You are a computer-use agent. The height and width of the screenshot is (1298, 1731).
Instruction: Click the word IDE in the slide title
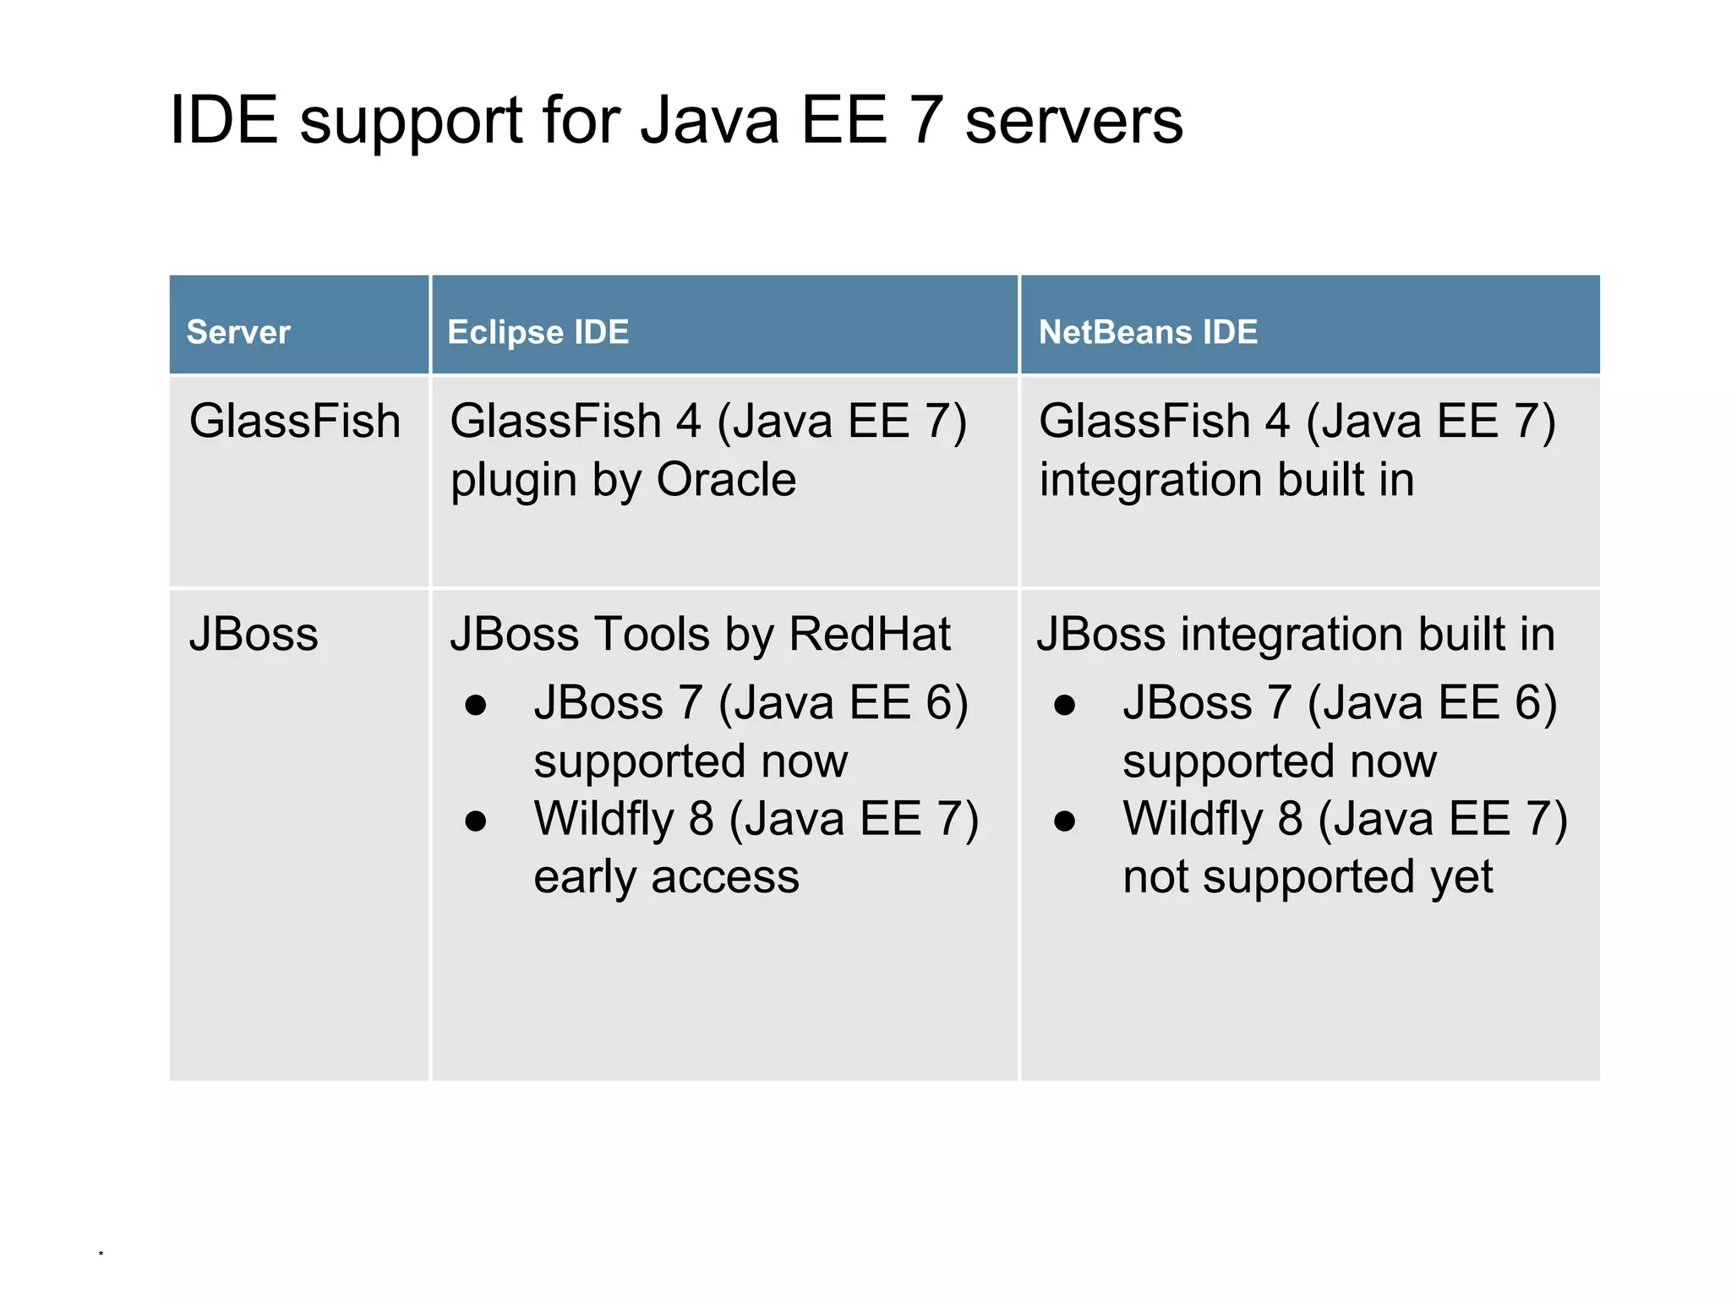pos(224,120)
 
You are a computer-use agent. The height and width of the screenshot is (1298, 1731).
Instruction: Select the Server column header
pos(238,332)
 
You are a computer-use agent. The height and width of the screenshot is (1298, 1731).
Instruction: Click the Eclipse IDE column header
pos(538,332)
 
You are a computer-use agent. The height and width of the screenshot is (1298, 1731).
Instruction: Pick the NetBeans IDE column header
pos(1148,332)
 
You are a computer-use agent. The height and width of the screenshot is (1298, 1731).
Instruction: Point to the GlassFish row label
pos(294,421)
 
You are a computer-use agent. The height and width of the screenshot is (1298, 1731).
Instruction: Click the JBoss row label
pos(254,634)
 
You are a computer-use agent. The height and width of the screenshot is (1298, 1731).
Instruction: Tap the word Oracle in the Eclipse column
pos(726,480)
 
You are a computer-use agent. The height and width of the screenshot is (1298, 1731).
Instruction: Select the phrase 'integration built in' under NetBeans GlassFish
pos(1226,480)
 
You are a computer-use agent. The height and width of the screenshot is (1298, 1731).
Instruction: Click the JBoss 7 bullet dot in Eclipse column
pos(476,705)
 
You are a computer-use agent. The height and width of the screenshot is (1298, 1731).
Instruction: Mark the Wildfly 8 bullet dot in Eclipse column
pos(476,821)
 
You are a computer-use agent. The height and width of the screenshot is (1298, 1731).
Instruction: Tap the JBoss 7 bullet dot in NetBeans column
pos(1065,705)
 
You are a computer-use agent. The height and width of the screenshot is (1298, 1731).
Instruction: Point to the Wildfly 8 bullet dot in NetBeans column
pos(1065,821)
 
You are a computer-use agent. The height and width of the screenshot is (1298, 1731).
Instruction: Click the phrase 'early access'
pos(666,877)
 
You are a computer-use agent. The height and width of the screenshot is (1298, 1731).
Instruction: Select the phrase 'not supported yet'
pos(1308,877)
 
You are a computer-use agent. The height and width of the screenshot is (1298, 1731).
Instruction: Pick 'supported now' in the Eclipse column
pos(691,761)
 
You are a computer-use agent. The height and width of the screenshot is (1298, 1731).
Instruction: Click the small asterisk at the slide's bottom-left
pos(101,1254)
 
